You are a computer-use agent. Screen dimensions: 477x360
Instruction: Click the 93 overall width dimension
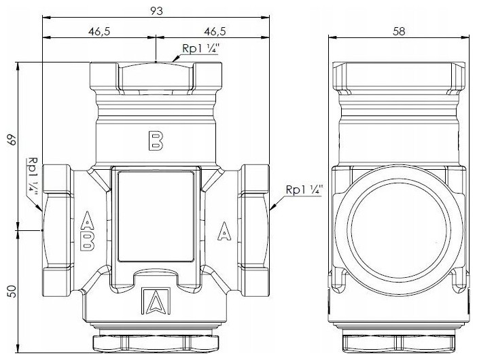pos(157,11)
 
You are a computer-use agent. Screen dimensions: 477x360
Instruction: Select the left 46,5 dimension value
pos(99,31)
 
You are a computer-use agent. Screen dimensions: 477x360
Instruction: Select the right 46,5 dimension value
pos(215,31)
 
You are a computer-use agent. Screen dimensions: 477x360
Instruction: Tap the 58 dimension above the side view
pos(399,31)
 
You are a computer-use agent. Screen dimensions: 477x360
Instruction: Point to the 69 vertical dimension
pos(12,139)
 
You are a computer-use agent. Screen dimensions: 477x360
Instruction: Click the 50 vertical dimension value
pos(12,291)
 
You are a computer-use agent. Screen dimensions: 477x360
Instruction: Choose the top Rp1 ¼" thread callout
pos(200,49)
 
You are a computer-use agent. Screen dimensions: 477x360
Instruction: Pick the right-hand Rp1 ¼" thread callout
pos(304,190)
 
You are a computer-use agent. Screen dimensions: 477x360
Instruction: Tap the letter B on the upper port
pos(156,141)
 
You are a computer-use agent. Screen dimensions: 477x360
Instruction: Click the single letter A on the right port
pos(224,231)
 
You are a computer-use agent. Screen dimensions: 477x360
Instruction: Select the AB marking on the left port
pos(87,231)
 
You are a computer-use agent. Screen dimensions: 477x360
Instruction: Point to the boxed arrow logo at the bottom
pos(156,301)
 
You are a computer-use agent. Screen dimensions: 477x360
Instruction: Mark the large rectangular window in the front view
pos(156,216)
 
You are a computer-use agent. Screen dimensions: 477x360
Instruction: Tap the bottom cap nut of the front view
pos(156,343)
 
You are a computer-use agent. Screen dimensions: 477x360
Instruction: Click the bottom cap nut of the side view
pos(399,344)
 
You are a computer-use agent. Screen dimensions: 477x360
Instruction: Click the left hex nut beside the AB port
pos(58,230)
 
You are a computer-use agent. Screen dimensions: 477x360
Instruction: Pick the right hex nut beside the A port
pos(253,230)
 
